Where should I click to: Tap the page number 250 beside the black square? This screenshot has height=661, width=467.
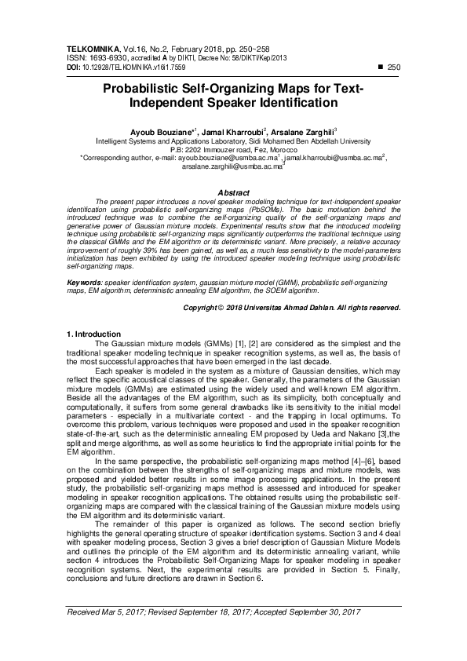coord(394,68)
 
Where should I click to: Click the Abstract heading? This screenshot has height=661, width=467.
coord(233,192)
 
